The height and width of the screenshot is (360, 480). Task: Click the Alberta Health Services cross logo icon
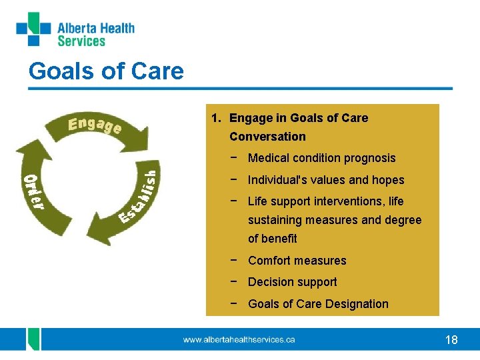[x=33, y=29]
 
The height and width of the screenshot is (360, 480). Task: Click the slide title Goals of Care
[x=106, y=71]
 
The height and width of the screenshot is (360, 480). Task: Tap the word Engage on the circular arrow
[x=94, y=125]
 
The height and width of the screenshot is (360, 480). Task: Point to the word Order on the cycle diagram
[x=34, y=191]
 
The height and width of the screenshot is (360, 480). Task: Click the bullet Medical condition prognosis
[x=321, y=158]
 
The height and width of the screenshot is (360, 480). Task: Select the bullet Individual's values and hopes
[x=326, y=180]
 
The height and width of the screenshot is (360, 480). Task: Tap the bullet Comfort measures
[x=297, y=261]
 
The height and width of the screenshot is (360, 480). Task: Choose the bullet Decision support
[x=292, y=282]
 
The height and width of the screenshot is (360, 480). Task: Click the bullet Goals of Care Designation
[x=318, y=304]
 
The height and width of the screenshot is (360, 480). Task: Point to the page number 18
[x=451, y=340]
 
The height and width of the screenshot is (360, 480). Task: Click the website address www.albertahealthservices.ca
[x=239, y=340]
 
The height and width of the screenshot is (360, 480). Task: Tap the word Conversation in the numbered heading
[x=267, y=137]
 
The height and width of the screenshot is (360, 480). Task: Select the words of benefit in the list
[x=272, y=239]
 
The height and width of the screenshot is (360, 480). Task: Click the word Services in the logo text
[x=81, y=41]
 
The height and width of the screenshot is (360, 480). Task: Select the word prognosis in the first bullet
[x=370, y=158]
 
